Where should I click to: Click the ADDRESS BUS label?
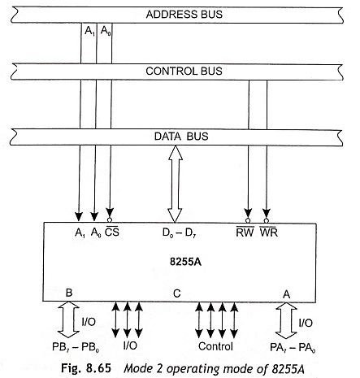pos(184,14)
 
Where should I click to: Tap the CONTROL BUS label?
pos(184,71)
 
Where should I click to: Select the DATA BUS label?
pos(181,136)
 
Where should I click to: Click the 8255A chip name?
pos(185,262)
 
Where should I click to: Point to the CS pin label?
pos(112,232)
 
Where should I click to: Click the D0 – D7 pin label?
pos(179,232)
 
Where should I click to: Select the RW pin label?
pos(245,232)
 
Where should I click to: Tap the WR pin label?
pos(269,232)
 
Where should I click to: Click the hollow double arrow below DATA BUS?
pos(176,184)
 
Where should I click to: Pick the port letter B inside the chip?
pos(69,293)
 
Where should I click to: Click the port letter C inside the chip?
pos(176,293)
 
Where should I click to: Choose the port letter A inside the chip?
pos(286,294)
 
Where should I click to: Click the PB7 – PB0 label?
pos(76,347)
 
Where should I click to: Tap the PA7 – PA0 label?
pos(293,348)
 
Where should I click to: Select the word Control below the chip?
pos(215,346)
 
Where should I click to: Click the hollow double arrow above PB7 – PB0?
pos(68,319)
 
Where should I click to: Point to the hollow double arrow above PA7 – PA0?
pos(286,320)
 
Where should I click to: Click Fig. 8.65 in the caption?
pos(86,368)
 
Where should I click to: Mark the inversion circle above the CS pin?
pos(110,220)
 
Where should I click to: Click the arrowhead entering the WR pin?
pos(267,213)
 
